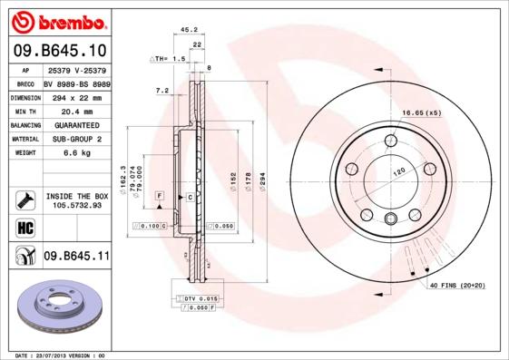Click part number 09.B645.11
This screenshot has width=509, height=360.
coord(76,257)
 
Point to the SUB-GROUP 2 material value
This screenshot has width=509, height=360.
coord(73,139)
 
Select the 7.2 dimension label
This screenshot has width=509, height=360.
coord(163,91)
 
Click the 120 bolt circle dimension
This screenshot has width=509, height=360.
coord(396,171)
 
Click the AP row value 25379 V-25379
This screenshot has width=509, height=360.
coord(76,70)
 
